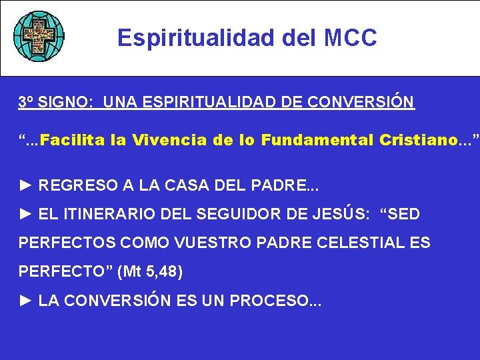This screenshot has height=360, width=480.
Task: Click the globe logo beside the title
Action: pyautogui.click(x=39, y=36)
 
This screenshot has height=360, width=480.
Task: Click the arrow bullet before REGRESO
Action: pyautogui.click(x=26, y=185)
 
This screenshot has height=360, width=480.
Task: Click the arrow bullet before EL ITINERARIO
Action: pyautogui.click(x=26, y=214)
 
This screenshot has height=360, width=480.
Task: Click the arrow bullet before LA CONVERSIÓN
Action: pyautogui.click(x=26, y=301)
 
